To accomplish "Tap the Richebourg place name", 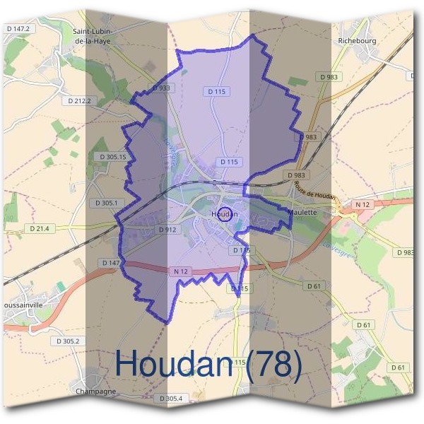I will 358,40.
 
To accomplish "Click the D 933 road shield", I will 161,88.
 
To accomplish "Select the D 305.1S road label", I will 110,156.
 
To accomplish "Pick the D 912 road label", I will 166,230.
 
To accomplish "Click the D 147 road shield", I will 111,263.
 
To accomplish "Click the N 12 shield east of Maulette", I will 363,205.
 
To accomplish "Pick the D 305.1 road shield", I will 105,203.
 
